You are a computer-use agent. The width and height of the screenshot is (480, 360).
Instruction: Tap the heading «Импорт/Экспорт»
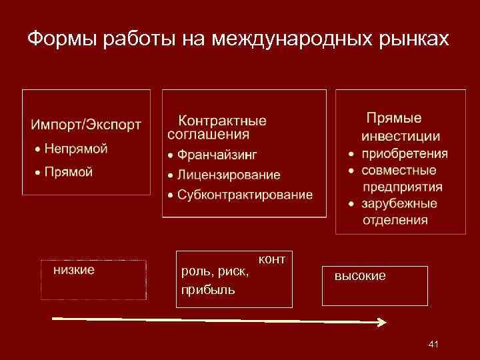tap(86, 125)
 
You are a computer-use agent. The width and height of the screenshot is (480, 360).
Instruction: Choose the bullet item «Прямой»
tap(69, 172)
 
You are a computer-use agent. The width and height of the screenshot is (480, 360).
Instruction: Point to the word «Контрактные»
tap(222, 121)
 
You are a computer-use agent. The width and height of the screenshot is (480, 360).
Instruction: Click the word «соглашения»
tap(209, 134)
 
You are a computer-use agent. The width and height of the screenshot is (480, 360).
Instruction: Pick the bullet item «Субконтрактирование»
tap(245, 195)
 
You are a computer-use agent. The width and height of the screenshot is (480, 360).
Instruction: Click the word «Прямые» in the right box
tap(394, 118)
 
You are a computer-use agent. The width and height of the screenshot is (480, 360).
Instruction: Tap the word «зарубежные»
tap(399, 203)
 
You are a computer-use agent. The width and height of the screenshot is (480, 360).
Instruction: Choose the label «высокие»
tap(360, 276)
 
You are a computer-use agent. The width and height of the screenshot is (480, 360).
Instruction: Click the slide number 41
tap(433, 344)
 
